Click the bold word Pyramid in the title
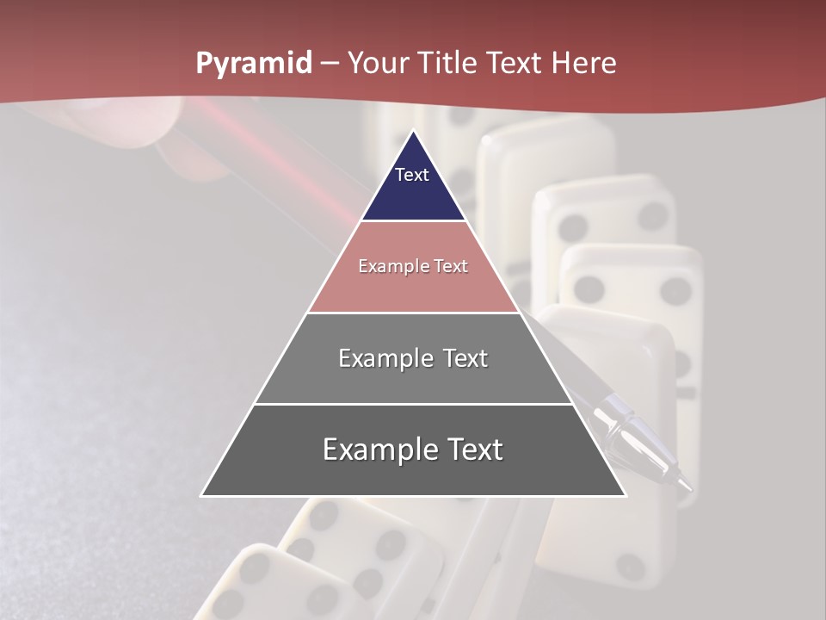coord(253,64)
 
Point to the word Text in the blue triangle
coord(412,175)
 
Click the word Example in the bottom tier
coord(377,449)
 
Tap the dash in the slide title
coord(329,64)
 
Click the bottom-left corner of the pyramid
coord(202,495)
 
